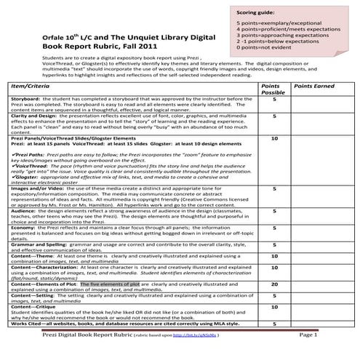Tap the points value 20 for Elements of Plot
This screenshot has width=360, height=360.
tap(274, 284)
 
